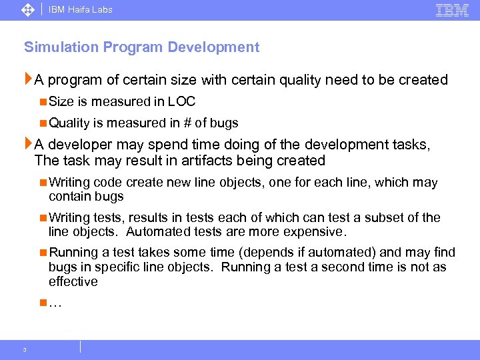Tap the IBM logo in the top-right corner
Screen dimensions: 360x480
tap(452, 10)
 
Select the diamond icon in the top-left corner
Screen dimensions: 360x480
tap(28, 10)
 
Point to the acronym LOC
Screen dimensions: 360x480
tap(181, 102)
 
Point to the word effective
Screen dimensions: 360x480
tap(73, 281)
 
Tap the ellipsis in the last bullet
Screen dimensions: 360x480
tap(55, 303)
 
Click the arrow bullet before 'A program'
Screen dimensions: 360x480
tap(28, 80)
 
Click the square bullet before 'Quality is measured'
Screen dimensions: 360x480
tap(43, 123)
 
